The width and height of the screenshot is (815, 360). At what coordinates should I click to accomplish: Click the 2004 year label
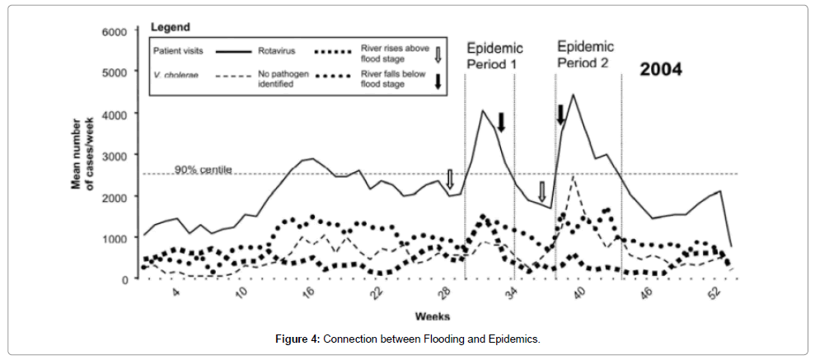pos(662,69)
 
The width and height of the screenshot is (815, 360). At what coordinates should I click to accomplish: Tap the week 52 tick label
pos(713,296)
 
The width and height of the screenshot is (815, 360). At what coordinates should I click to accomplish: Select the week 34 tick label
pos(511,296)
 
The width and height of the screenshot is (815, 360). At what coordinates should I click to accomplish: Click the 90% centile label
pos(203,171)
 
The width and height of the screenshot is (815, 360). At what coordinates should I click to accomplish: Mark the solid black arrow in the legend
pos(438,80)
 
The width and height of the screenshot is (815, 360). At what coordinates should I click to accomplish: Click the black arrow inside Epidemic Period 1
pos(500,122)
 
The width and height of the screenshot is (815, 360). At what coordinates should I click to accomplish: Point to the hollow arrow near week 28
pos(450,178)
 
